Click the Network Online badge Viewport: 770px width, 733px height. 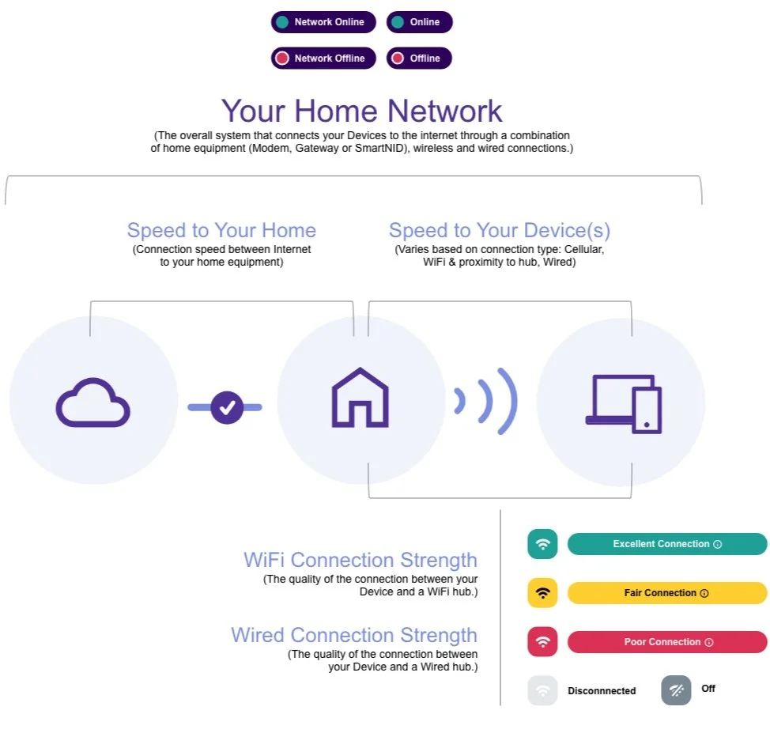pos(323,22)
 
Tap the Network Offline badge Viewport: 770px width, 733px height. pos(323,59)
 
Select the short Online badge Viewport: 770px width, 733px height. pos(419,22)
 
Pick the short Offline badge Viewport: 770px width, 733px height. pos(419,59)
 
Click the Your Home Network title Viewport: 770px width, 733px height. pos(361,111)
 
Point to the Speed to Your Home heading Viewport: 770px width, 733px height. pos(221,230)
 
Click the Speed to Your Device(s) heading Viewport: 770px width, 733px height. pos(500,230)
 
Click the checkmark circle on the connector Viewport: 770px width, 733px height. pos(228,407)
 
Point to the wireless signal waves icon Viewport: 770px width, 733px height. pos(487,401)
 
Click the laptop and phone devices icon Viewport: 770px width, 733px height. pos(624,403)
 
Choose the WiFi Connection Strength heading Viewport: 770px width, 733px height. pos(360,560)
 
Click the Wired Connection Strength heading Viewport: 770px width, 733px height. pos(354,635)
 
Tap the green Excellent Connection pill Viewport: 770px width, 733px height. pos(666,544)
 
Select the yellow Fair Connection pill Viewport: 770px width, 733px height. pos(666,593)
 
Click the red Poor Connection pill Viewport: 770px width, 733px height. pos(666,642)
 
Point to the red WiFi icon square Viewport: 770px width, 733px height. pos(542,642)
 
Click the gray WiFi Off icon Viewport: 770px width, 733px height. pos(676,690)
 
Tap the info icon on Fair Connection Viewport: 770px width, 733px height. pos(704,593)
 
